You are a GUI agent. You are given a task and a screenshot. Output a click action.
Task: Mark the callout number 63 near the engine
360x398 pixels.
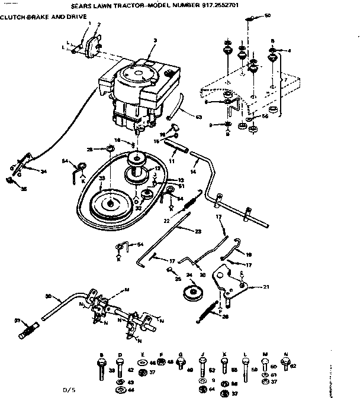coord(198,118)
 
